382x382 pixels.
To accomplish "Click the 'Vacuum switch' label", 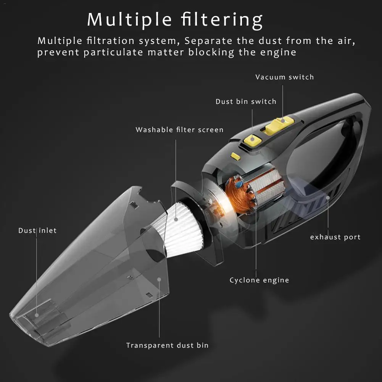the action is [x=285, y=77].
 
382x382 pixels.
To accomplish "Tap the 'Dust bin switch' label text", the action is [x=246, y=102].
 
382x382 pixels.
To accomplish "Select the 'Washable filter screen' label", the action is [x=179, y=130].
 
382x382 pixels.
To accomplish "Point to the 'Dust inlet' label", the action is [x=37, y=230].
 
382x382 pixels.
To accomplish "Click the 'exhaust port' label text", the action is [x=335, y=237].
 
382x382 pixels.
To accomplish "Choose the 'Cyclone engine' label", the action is [x=259, y=280].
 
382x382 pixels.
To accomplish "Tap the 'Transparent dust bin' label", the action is [x=168, y=345].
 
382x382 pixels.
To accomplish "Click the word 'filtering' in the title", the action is [x=222, y=20].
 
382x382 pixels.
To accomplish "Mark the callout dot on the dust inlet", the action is [x=37, y=315].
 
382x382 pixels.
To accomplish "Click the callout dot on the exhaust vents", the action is [x=328, y=198].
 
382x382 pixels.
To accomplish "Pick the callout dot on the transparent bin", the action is [x=159, y=279].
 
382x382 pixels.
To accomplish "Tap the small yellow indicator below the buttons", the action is [x=235, y=156].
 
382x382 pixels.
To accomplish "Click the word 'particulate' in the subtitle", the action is [x=113, y=53].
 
